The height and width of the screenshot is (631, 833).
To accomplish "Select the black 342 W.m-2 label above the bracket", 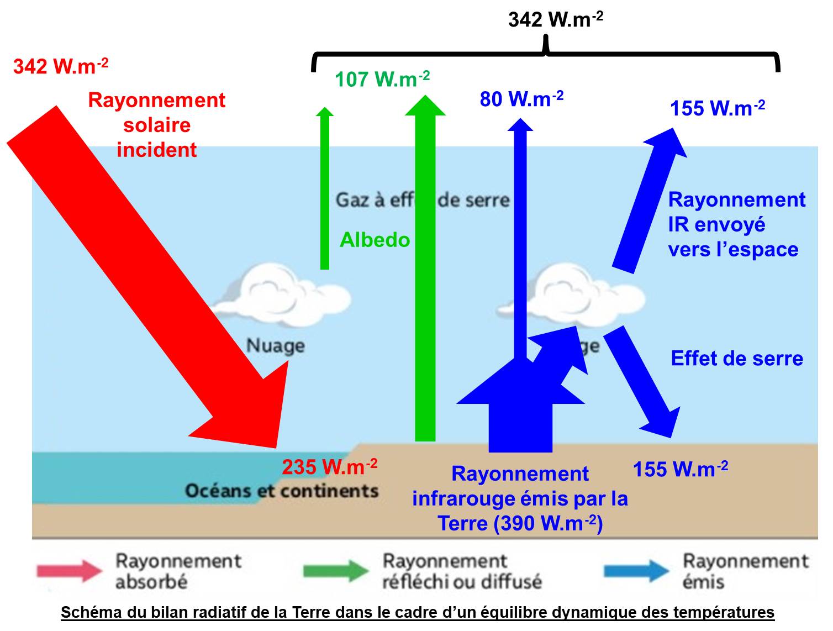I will pos(555,20).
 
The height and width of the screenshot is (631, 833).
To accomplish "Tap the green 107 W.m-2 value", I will pos(382,80).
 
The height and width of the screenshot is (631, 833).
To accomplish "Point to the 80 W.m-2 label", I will pos(521,99).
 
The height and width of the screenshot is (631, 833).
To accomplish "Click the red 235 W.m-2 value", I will pos(329,467).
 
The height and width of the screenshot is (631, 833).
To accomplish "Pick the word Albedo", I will pos(375,240).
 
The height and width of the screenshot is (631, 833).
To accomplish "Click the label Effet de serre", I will pos(736,359).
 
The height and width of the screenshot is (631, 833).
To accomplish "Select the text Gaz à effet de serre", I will pos(422,199).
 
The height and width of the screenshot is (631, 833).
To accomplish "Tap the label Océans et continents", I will pos(282,491).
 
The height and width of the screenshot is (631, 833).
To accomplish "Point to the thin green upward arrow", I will pos(325,188).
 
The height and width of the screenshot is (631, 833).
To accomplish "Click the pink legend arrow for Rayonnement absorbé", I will pos(70,571).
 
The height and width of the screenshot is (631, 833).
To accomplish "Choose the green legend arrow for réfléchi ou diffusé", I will pos(336,571).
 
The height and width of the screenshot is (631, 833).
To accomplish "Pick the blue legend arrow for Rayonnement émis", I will pos(636,571).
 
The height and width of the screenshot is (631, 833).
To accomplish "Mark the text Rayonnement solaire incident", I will pos(156,125).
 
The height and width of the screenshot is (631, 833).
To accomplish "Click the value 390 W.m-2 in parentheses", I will pos(547,523).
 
